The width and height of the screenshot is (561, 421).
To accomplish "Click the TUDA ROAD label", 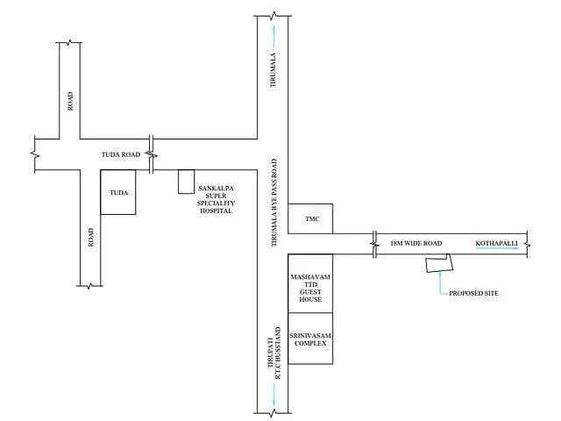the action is tap(121, 154).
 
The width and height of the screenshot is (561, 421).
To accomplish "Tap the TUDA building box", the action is tap(118, 192).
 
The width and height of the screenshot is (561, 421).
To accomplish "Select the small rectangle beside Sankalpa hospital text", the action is tap(187, 182).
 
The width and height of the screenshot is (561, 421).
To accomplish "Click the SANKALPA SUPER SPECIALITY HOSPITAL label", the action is tap(217, 199).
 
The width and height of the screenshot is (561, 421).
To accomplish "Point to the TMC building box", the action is tap(310, 218).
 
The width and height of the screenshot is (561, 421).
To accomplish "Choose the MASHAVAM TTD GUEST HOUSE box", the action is tap(310, 283).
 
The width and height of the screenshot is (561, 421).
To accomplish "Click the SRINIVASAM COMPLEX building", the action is tap(310, 339).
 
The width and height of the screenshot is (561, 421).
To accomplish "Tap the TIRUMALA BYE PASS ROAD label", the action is tap(274, 203).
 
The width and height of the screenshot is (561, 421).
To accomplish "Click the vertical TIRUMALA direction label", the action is tap(273, 70).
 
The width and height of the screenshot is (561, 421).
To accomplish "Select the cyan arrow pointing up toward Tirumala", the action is tap(274, 35).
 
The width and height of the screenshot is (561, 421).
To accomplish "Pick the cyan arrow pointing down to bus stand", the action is tap(274, 396).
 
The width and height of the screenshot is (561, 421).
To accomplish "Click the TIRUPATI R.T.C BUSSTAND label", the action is tap(274, 353).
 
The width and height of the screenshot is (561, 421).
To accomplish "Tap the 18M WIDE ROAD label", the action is tap(416, 244).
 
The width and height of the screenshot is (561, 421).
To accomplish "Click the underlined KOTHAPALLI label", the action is tap(497, 244).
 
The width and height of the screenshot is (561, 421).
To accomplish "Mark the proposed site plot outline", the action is tap(439, 263).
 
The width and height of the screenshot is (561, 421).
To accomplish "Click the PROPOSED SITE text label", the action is tap(473, 293).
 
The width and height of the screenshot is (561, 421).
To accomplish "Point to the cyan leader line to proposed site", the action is tap(440, 283).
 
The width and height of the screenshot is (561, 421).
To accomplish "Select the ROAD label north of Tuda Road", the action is tap(70, 102).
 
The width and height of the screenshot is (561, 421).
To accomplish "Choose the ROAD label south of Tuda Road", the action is tap(91, 238).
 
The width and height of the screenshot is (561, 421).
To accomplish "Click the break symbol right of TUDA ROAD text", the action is tap(152, 154).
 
